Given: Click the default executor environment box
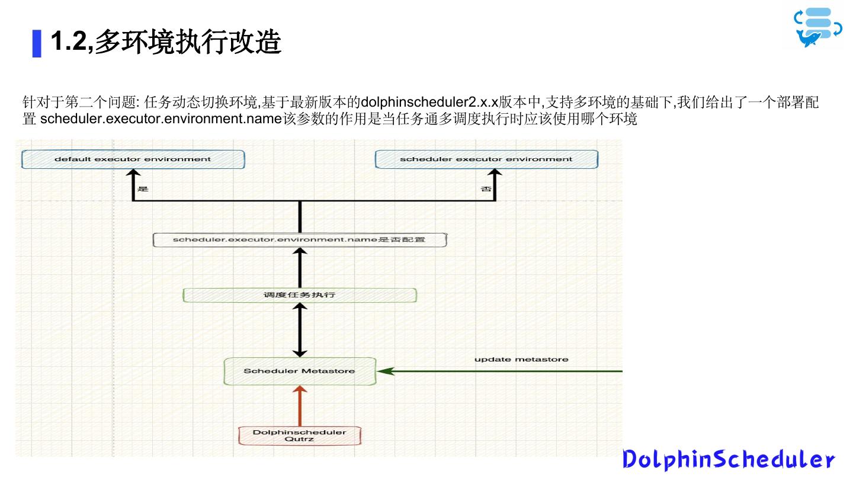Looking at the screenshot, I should pyautogui.click(x=133, y=159).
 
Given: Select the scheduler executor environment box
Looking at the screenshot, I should pyautogui.click(x=486, y=159).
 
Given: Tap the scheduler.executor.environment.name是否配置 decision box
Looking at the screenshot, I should pyautogui.click(x=299, y=240).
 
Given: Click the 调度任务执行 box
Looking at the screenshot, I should pyautogui.click(x=299, y=295).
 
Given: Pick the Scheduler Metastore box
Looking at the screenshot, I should pyautogui.click(x=300, y=371).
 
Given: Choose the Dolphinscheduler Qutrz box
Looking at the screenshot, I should pyautogui.click(x=300, y=436).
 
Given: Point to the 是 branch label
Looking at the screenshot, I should pyautogui.click(x=143, y=189).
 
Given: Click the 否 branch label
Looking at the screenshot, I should pyautogui.click(x=485, y=189).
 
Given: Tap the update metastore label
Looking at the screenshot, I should pyautogui.click(x=521, y=359).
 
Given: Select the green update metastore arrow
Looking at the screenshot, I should pyautogui.click(x=504, y=372).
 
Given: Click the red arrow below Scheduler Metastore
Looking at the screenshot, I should pyautogui.click(x=300, y=406).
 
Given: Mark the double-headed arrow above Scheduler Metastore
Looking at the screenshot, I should pyautogui.click(x=300, y=329).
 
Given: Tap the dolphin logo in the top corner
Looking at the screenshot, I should pyautogui.click(x=817, y=27).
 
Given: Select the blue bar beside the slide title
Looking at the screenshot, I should pyautogui.click(x=37, y=43).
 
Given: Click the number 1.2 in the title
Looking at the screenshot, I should pyautogui.click(x=69, y=42).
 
